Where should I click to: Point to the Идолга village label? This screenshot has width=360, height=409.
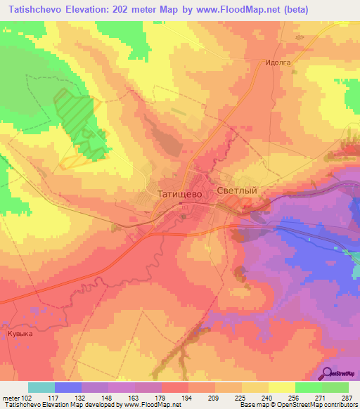tap(278, 62)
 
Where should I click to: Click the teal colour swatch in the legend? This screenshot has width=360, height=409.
tap(41, 387)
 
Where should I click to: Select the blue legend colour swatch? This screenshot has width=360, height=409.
tap(68, 387)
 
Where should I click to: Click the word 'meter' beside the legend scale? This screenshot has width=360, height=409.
tap(8, 398)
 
